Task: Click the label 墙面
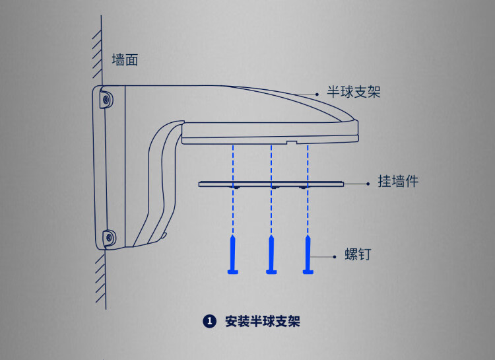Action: (x=125, y=59)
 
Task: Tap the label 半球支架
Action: (x=354, y=92)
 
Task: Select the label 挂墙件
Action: (x=398, y=182)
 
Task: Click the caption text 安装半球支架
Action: (x=263, y=322)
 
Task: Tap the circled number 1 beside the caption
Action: (x=210, y=322)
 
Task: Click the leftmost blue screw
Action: (x=232, y=254)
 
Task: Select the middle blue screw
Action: (x=271, y=254)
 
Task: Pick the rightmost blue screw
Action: (x=308, y=254)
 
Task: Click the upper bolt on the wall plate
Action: (x=106, y=99)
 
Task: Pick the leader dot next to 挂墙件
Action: (x=367, y=183)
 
